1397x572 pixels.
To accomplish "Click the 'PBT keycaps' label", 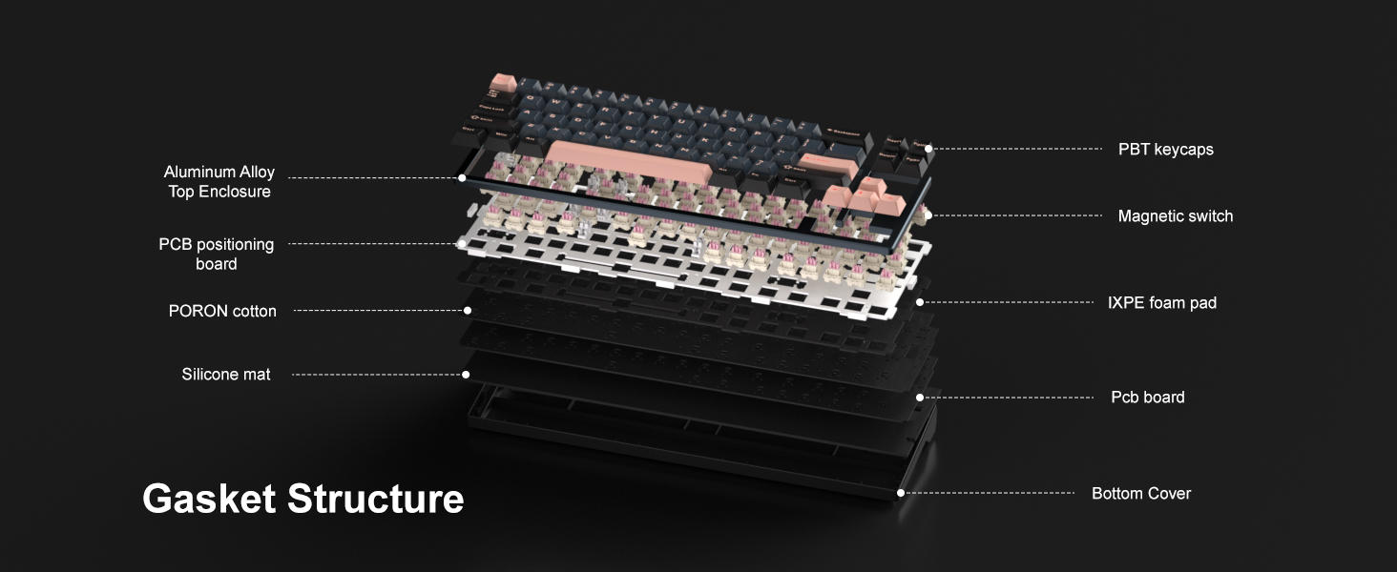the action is coord(1166,150).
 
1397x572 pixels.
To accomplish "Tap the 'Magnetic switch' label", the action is coord(1175,216).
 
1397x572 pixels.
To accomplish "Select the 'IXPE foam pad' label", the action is coord(1162,303).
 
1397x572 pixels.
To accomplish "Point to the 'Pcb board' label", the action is coord(1148,397).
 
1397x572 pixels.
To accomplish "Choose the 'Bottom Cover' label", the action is coord(1141,494).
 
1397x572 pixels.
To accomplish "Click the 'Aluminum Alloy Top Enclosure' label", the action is coord(219,181).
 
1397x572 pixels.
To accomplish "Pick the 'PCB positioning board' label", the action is coord(216,254).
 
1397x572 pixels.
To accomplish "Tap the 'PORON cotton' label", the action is coord(222,311).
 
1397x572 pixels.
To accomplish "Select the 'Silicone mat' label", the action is coord(226,375).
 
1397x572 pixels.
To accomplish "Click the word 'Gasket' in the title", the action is coord(209,499).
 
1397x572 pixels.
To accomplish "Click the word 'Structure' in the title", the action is coord(375,499).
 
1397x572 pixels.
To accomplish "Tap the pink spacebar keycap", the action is coord(629,160).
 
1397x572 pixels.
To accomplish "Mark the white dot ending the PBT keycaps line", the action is coord(928,149).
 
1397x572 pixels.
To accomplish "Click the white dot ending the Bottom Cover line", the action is coord(901,493).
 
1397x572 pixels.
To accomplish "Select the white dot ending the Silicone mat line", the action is coord(466,375).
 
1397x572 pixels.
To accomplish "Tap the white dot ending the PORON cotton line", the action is coord(468,310).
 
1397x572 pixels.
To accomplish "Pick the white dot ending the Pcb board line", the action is coord(920,398).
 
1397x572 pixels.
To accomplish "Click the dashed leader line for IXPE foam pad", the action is coord(1008,302).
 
